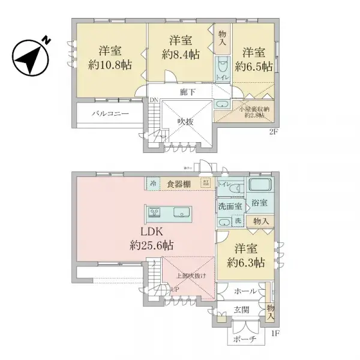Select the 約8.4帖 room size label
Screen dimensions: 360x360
[180, 53]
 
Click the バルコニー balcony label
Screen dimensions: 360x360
[110, 113]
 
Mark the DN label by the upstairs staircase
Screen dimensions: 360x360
[154, 100]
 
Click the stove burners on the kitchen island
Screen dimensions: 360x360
[154, 212]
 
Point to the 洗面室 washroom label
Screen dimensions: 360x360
[230, 206]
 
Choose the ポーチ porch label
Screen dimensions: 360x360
[244, 338]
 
